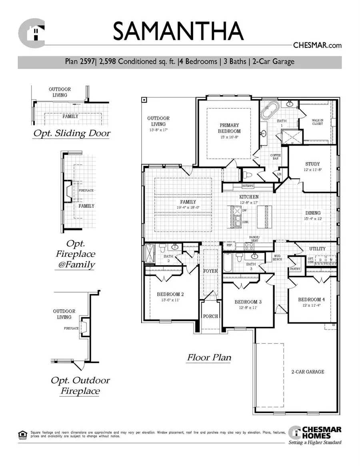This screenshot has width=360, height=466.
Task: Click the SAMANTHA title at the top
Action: pos(178,32)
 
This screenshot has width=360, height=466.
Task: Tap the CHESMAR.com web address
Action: pos(317,46)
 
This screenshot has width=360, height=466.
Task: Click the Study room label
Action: pos(312,164)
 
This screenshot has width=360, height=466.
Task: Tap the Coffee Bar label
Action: pos(276,157)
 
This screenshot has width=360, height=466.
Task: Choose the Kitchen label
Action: pos(249,197)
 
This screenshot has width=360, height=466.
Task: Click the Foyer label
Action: pos(210,271)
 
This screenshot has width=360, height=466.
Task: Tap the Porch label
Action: pos(210,316)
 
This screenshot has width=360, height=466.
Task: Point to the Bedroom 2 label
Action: pos(170,294)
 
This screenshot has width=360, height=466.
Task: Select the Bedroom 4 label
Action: pos(312,300)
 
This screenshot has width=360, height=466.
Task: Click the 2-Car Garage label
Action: pos(307,372)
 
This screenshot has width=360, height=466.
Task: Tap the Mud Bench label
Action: pos(278,257)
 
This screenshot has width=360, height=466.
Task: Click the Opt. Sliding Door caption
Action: pos(71,133)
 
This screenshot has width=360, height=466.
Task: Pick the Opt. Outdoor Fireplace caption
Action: pos(80,385)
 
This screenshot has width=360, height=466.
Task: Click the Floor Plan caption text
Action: pos(209,357)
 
